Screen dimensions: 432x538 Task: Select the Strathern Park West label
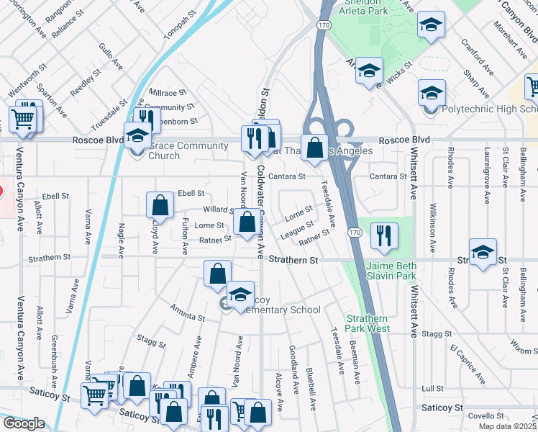pyautogui.click(x=368, y=323)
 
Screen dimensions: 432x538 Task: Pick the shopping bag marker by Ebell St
pyautogui.click(x=160, y=204)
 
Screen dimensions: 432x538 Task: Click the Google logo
pyautogui.click(x=24, y=423)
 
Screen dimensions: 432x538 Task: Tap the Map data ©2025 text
pyautogui.click(x=508, y=426)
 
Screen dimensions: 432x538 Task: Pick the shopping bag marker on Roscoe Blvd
pyautogui.click(x=314, y=148)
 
